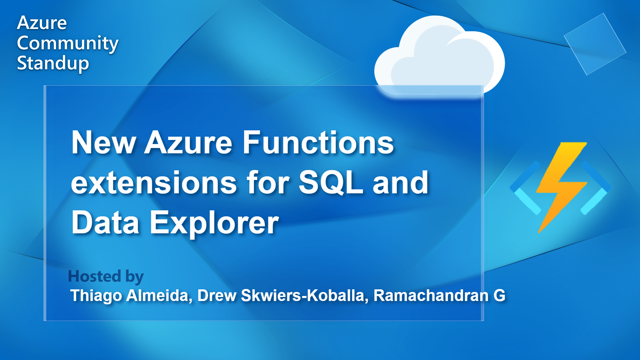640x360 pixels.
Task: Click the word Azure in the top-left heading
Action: pos(42,23)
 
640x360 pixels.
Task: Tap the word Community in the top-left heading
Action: pos(68,43)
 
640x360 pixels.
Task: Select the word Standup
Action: pos(53,63)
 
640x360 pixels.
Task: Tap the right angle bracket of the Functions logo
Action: pos(597,188)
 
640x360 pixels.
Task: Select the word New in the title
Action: pos(103,143)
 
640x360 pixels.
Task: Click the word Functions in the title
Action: pos(318,143)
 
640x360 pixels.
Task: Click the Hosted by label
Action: pos(106,276)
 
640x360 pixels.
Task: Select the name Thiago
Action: pos(96,296)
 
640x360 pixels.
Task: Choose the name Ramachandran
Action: pos(431,296)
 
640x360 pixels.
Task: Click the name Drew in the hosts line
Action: pos(217,296)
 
